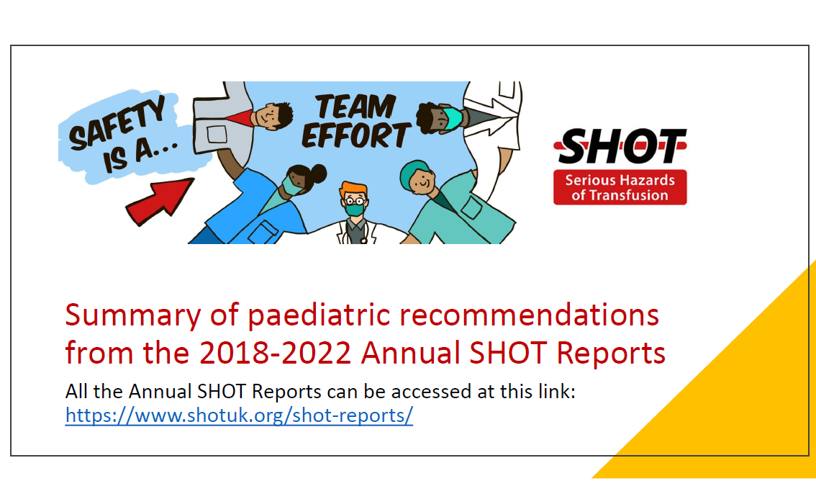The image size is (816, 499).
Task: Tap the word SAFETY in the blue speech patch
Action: click(117, 123)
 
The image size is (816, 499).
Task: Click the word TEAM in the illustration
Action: click(355, 107)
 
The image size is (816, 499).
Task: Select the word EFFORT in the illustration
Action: click(356, 135)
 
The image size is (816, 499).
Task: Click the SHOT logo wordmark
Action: click(620, 146)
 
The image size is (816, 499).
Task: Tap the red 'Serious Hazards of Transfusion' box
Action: click(620, 187)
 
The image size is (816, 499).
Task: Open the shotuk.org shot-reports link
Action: click(239, 415)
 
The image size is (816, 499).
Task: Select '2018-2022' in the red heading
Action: click(276, 353)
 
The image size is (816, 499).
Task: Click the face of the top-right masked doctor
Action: click(439, 117)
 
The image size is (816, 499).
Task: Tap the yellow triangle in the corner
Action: click(739, 406)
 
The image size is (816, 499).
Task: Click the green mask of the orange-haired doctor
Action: click(355, 210)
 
